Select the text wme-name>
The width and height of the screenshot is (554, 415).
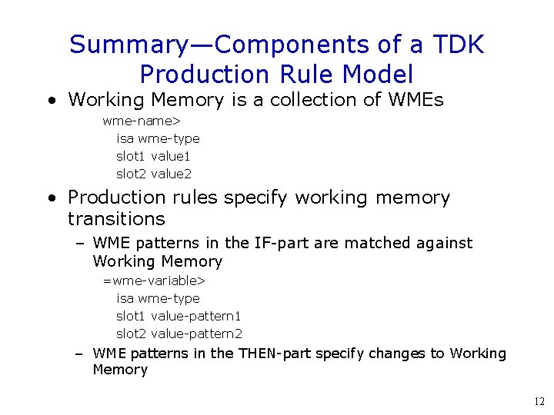(x=141, y=121)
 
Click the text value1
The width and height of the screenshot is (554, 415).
(x=171, y=156)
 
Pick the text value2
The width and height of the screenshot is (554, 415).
(x=171, y=174)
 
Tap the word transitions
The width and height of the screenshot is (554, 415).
(x=116, y=219)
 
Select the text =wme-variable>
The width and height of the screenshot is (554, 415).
(x=154, y=281)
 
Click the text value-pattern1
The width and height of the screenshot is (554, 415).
(x=196, y=316)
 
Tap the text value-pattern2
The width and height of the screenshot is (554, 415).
(x=196, y=334)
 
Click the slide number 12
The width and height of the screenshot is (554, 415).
(x=538, y=401)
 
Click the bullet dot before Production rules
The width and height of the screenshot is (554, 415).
(x=50, y=198)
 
